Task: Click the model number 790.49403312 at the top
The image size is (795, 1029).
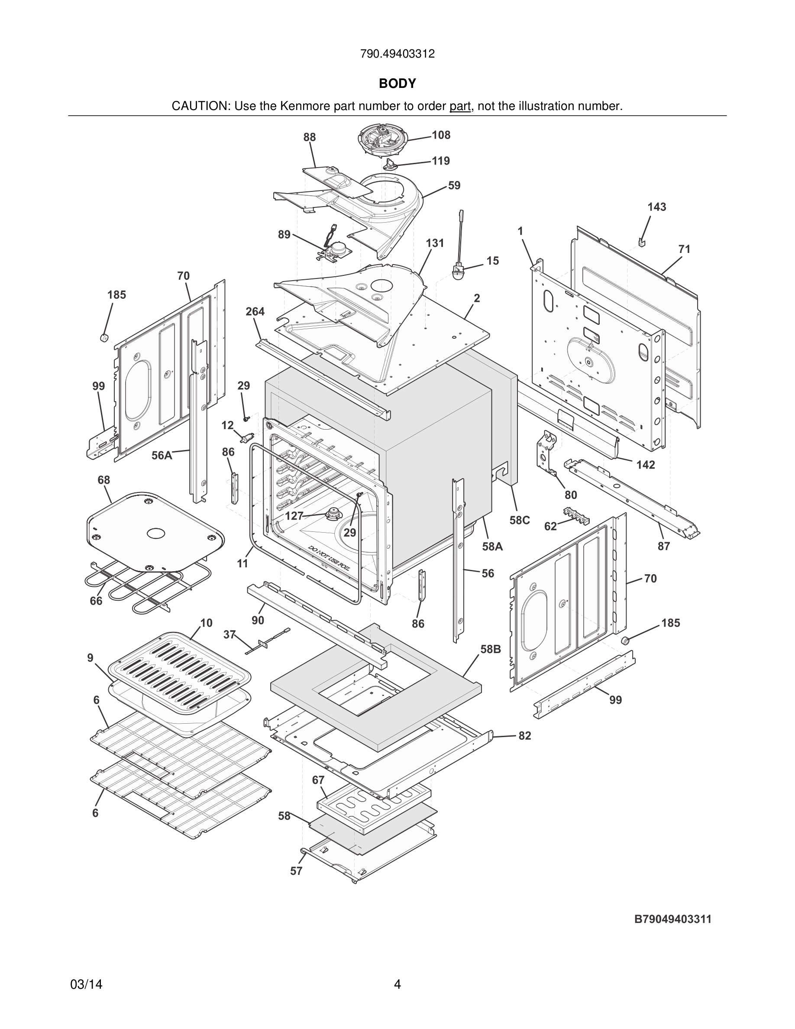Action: [x=397, y=54]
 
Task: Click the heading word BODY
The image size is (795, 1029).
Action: [x=397, y=84]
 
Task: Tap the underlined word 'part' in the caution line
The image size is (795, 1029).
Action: [x=460, y=107]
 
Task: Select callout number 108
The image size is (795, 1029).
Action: [x=441, y=135]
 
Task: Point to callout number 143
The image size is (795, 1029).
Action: [x=656, y=207]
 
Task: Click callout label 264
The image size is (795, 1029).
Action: [x=255, y=311]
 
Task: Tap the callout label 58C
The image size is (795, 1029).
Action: [x=520, y=520]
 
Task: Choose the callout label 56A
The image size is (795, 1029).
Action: [x=162, y=455]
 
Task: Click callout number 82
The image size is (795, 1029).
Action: [x=525, y=735]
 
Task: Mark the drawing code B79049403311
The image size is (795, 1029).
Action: [x=672, y=919]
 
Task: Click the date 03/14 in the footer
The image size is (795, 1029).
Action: [x=86, y=984]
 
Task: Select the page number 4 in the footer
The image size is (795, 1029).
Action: [x=397, y=984]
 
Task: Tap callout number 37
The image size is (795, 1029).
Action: [x=229, y=634]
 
